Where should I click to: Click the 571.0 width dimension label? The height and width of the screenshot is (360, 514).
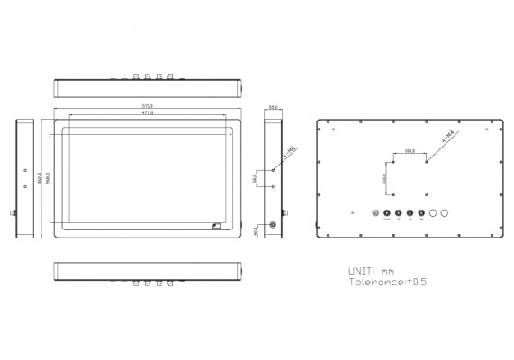coord(148,106)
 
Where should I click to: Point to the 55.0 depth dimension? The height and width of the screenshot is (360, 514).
coord(273,108)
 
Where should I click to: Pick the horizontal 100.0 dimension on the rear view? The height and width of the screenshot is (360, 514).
coord(410,150)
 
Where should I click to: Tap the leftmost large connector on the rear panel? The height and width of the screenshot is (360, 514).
coord(377,213)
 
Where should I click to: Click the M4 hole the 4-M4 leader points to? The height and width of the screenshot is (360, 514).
coord(427,163)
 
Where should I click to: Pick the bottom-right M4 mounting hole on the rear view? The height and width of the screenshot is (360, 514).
coord(427,192)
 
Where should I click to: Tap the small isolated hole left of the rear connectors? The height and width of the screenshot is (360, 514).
coord(353,213)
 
